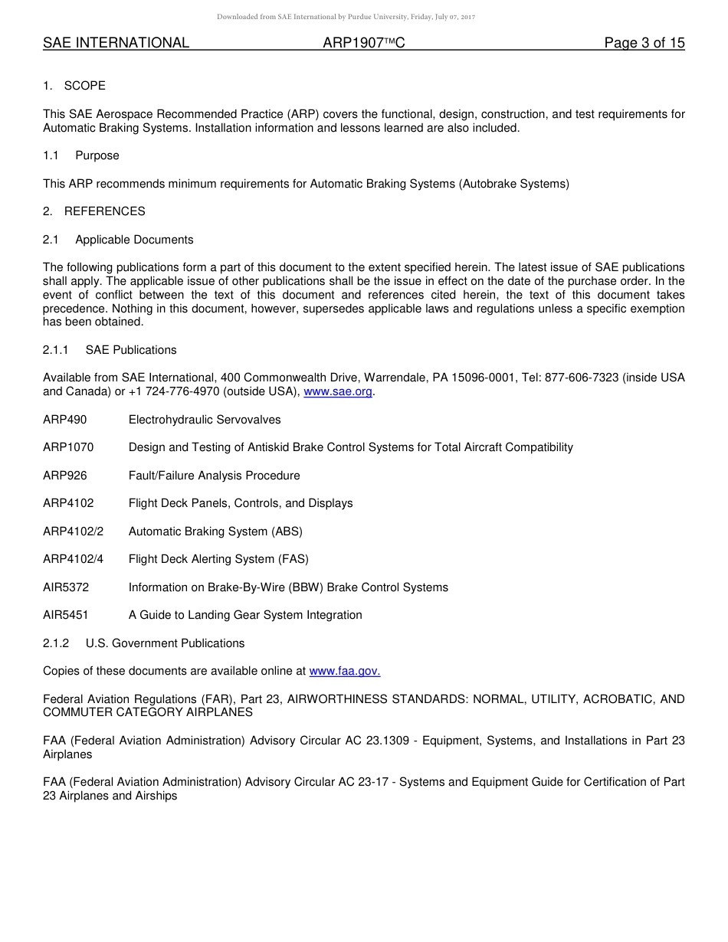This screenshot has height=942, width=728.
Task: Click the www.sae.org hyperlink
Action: click(338, 391)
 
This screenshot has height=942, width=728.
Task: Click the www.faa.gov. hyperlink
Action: click(344, 671)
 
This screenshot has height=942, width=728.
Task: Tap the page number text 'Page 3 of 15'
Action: click(644, 43)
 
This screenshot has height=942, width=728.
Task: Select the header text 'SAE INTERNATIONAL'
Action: click(116, 43)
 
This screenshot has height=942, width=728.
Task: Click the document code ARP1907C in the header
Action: click(363, 43)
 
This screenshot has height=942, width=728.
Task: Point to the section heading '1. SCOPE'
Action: click(74, 86)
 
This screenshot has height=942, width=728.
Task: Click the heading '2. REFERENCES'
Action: click(93, 211)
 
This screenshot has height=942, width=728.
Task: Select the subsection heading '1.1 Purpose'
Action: click(81, 155)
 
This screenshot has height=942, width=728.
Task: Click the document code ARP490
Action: click(65, 420)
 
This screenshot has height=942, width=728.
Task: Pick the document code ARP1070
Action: click(68, 447)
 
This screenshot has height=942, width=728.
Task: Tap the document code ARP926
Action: click(65, 476)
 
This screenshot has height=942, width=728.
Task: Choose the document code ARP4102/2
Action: click(73, 532)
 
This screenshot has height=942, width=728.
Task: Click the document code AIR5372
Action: click(66, 587)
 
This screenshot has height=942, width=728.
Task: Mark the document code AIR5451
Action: click(66, 615)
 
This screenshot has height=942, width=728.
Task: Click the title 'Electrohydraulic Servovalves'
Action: click(205, 420)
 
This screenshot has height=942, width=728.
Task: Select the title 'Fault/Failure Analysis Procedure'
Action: click(214, 476)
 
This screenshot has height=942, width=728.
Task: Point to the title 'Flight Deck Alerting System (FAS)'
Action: click(218, 559)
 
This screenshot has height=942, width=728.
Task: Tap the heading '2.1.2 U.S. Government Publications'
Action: click(143, 643)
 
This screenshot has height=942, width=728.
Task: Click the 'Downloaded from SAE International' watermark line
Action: click(346, 17)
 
